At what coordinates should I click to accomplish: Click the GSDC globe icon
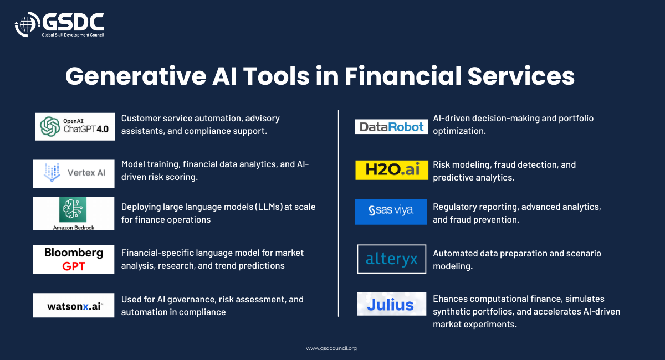point(27,24)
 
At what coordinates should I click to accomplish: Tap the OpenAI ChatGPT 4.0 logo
point(74,127)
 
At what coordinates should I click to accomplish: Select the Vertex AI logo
point(74,173)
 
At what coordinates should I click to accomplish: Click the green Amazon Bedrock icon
point(73,209)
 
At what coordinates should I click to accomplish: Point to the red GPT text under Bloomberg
point(74,266)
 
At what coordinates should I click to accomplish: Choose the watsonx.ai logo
point(74,305)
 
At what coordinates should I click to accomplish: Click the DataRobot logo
point(392,127)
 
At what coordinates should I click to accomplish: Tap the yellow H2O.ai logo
point(392,170)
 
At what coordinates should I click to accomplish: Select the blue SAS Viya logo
point(391,212)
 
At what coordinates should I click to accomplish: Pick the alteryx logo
point(392,259)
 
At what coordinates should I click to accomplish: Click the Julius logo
point(391,304)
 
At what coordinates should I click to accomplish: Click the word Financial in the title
point(403,76)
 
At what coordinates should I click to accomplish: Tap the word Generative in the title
point(136,76)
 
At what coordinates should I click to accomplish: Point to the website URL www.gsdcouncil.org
point(331,348)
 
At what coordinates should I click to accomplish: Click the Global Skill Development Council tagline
point(73,35)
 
